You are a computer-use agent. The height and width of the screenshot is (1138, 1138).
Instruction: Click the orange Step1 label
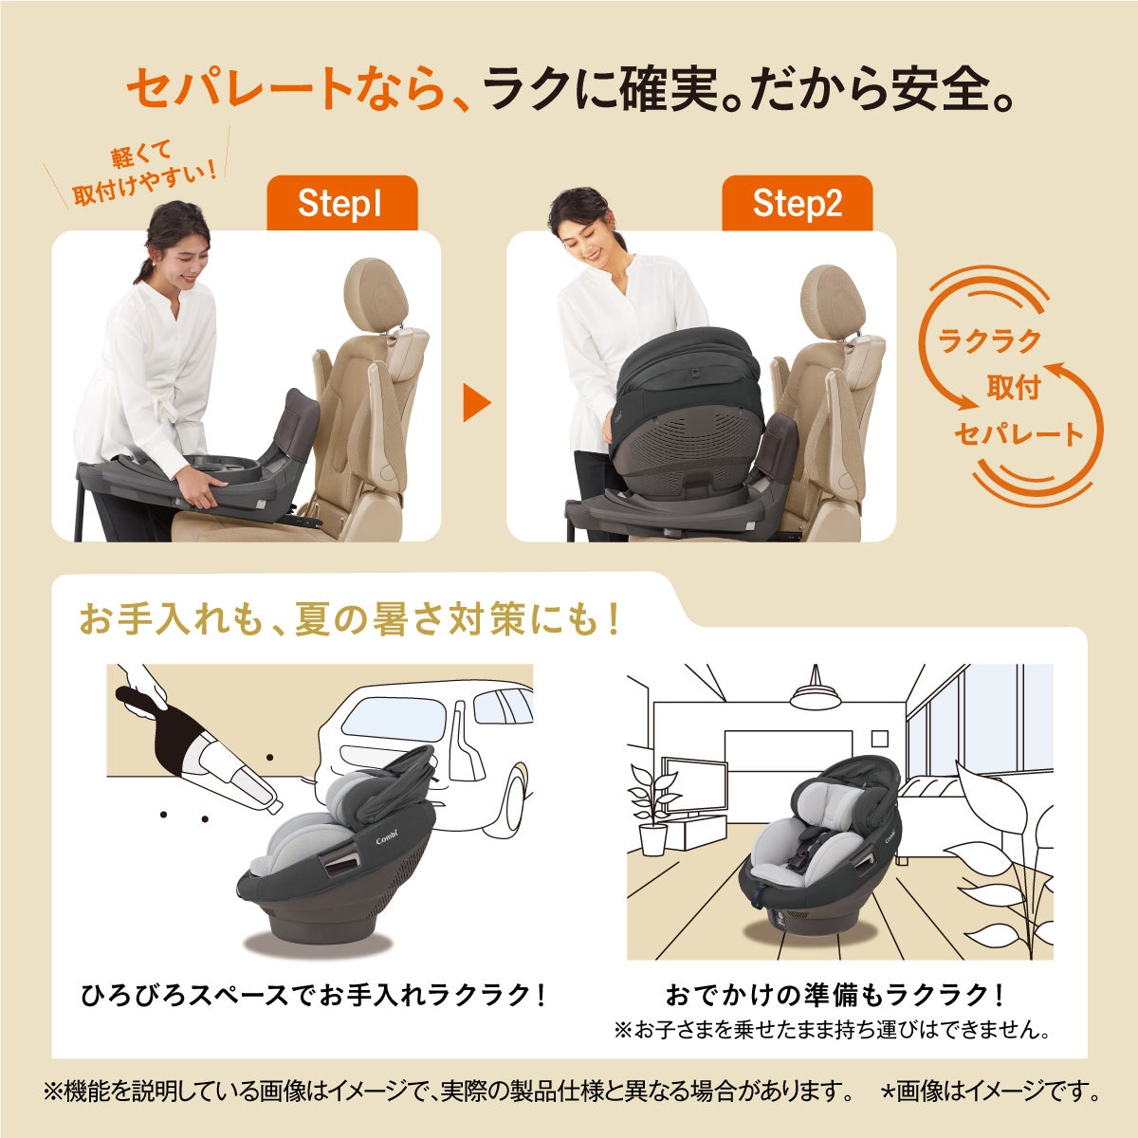coord(341,204)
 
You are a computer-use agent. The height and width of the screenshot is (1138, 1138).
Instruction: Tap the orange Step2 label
coord(797,204)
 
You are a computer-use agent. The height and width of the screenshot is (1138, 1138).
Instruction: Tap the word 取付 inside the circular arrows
coord(1013,387)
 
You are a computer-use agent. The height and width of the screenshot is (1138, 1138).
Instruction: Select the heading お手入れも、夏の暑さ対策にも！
coord(351,621)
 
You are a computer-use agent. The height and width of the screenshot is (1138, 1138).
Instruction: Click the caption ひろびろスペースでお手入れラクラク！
coord(313,996)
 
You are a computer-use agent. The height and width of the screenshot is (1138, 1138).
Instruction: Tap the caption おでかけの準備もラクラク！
coord(835,996)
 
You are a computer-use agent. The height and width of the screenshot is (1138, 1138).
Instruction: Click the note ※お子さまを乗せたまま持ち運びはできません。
coord(833,1029)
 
